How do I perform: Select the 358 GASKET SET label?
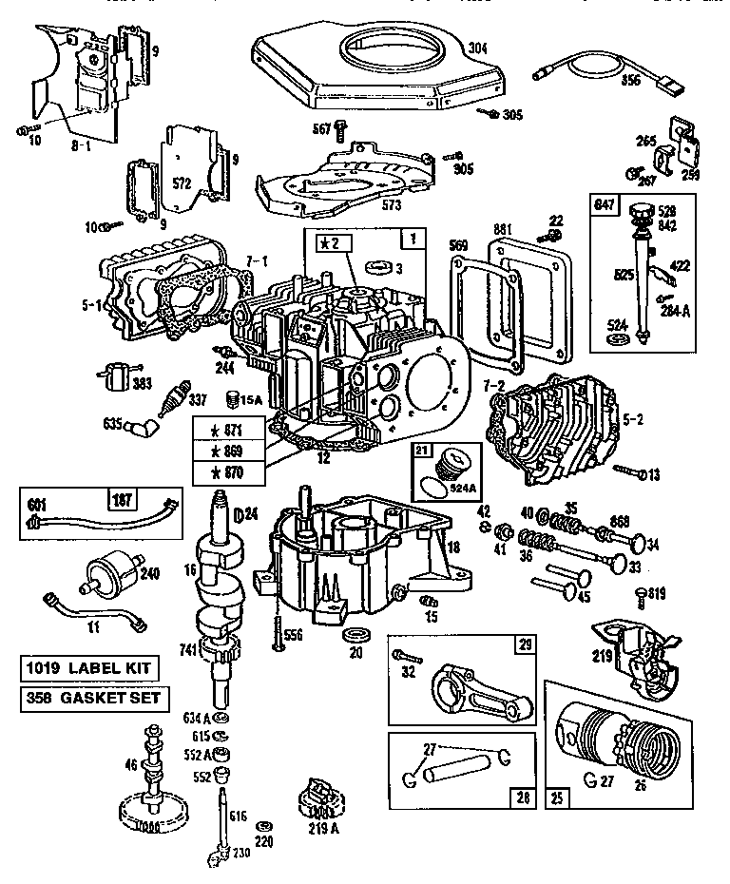pos(94,700)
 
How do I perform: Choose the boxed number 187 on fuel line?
pos(121,500)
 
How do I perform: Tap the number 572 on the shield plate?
pos(182,182)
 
